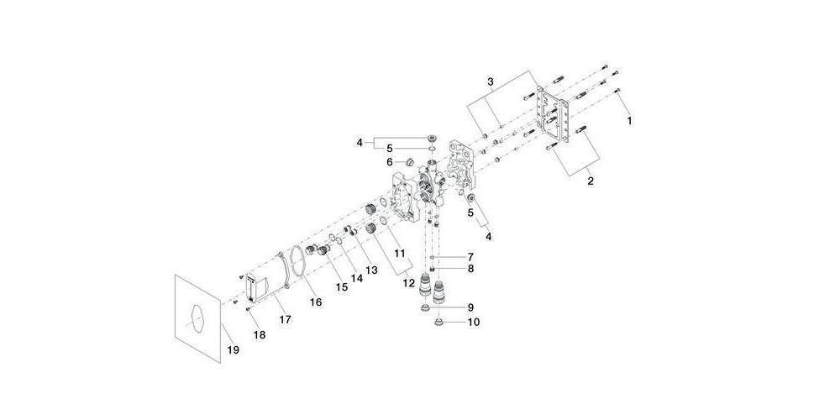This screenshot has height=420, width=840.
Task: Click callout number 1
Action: [x=629, y=121]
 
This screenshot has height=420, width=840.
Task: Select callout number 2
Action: [x=591, y=181]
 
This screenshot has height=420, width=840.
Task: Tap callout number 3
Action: [x=491, y=82]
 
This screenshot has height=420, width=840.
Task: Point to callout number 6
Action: [x=390, y=161]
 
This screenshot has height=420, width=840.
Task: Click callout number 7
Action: [x=470, y=256]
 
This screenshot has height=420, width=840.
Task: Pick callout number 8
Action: [x=470, y=269]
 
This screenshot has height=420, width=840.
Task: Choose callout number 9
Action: [x=470, y=307]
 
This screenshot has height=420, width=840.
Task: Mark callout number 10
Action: [x=473, y=323]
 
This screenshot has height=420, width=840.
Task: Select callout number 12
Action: [x=409, y=283]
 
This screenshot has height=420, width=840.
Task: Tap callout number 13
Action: [x=370, y=270]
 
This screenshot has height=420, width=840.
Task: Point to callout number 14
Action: [x=356, y=279]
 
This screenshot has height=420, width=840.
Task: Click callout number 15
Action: [x=342, y=287]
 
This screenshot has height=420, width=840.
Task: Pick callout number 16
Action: [x=316, y=302]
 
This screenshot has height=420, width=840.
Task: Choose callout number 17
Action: [x=285, y=319]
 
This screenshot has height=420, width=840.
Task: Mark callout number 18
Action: [x=260, y=335]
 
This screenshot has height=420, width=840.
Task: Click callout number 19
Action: [x=233, y=349]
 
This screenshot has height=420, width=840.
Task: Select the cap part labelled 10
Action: [x=439, y=323]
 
